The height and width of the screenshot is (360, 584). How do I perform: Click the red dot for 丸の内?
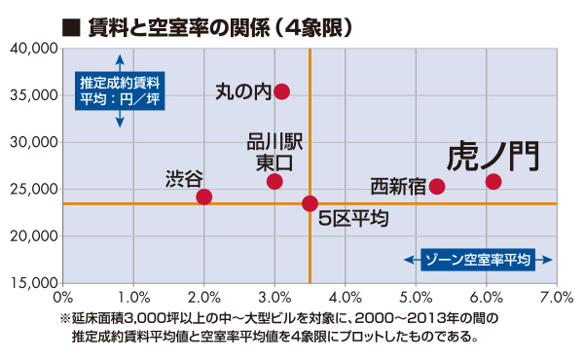[281, 91]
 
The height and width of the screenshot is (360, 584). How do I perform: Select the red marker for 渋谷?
[203, 197]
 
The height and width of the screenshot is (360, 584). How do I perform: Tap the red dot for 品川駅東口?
[274, 182]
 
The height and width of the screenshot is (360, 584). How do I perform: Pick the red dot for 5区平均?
[310, 203]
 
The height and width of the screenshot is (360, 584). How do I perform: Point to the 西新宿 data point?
[437, 186]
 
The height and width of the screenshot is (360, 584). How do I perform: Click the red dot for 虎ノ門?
[493, 182]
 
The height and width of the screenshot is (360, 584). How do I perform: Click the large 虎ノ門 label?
[493, 158]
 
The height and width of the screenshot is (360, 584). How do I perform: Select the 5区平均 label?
[354, 219]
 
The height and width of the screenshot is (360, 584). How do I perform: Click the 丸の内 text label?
[242, 91]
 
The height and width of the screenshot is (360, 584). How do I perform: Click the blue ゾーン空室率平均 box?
[477, 260]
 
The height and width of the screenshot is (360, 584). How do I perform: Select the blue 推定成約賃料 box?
[119, 88]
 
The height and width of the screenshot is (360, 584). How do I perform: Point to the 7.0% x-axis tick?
[556, 296]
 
